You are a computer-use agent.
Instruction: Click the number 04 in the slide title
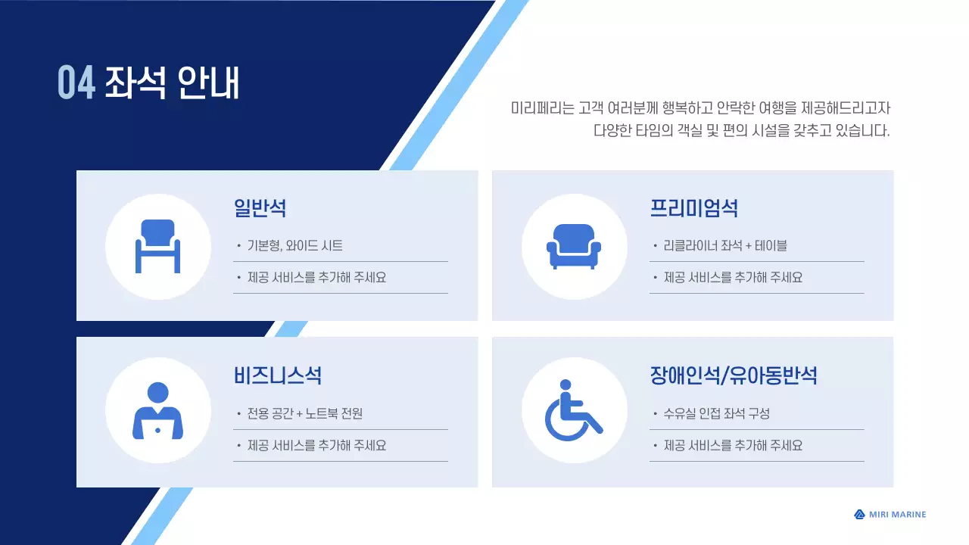76,83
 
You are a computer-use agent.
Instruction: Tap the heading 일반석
260,207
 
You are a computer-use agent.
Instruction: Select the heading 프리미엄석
693,207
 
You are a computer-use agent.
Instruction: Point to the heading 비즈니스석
278,375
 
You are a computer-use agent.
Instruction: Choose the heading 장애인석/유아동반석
733,375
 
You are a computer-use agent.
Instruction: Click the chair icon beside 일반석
157,246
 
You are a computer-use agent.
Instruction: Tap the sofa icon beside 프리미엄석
574,246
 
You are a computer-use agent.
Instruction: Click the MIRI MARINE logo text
897,515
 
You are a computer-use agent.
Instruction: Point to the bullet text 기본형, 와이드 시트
294,245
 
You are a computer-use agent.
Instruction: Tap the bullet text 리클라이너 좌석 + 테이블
725,245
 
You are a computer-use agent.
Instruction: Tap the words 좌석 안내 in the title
172,83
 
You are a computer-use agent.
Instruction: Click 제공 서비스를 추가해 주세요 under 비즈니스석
316,445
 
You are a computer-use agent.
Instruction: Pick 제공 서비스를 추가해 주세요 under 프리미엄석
733,277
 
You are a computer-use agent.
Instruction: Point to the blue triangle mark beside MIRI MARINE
859,515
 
